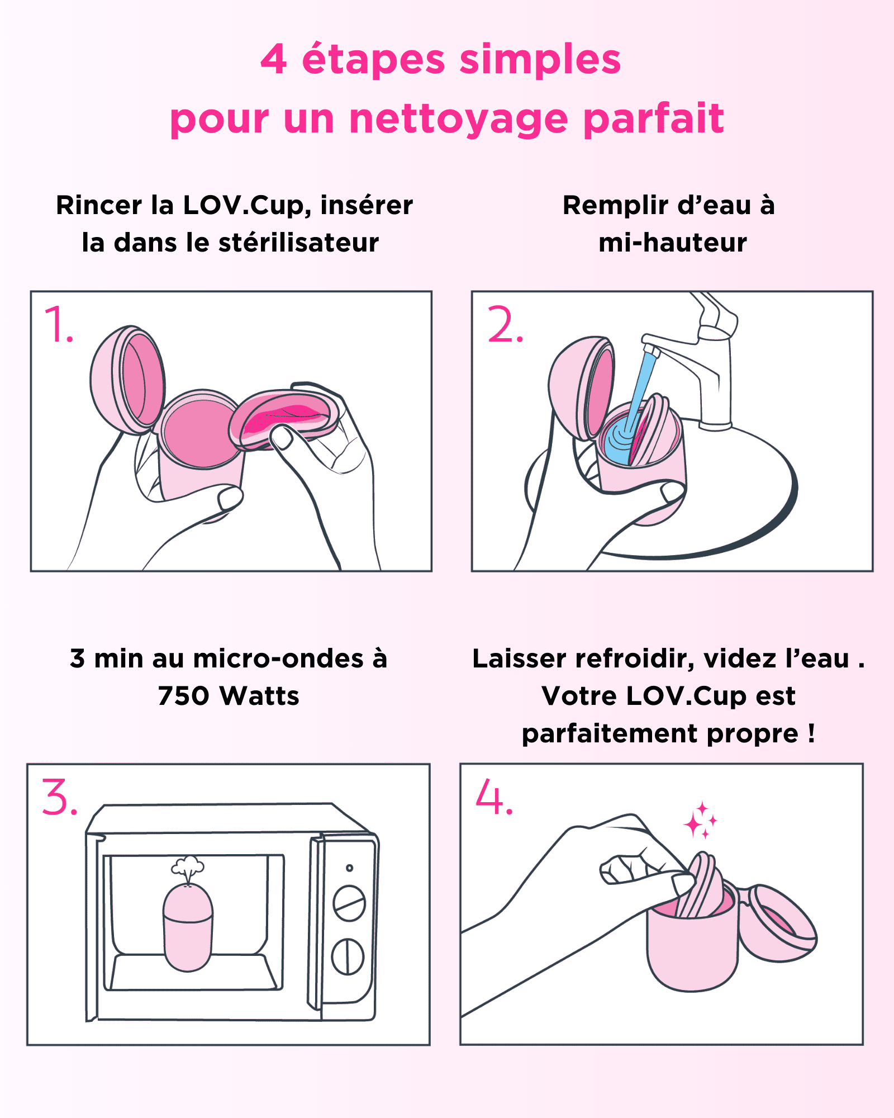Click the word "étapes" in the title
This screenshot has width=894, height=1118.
(373, 60)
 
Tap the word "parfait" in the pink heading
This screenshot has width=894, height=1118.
(653, 119)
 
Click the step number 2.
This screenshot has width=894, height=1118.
(505, 325)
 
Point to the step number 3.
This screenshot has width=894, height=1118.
(59, 798)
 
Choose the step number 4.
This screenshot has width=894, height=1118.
(493, 798)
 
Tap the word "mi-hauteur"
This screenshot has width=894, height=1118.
(672, 243)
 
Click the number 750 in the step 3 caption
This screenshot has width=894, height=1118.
(183, 697)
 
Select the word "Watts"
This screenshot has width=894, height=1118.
(259, 697)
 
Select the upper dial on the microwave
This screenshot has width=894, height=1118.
(349, 903)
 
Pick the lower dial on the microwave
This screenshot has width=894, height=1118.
(348, 956)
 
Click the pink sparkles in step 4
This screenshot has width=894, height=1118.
(700, 821)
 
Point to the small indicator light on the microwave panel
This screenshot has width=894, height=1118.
(349, 868)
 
